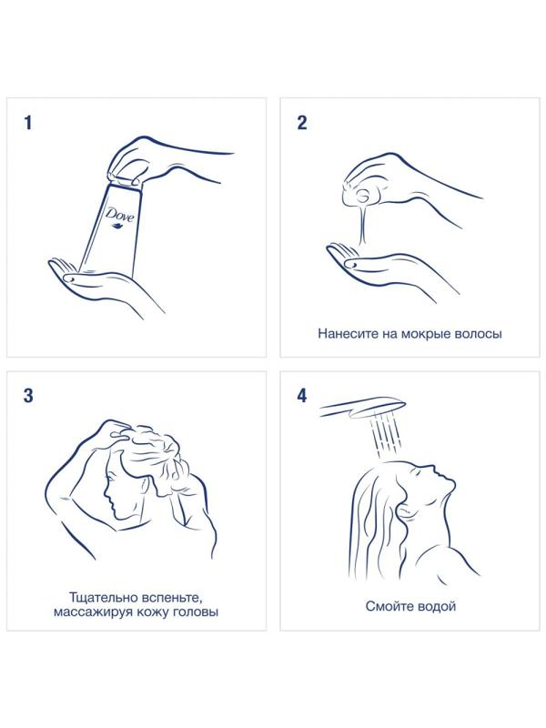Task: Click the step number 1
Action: coord(28,123)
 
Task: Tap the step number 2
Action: coord(302,123)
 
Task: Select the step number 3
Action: coord(28,396)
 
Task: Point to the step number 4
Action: coord(302,396)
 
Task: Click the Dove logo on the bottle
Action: coord(119,217)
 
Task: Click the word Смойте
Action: coord(389,606)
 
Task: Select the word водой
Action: coord(436,606)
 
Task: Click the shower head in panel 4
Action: coord(362,408)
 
